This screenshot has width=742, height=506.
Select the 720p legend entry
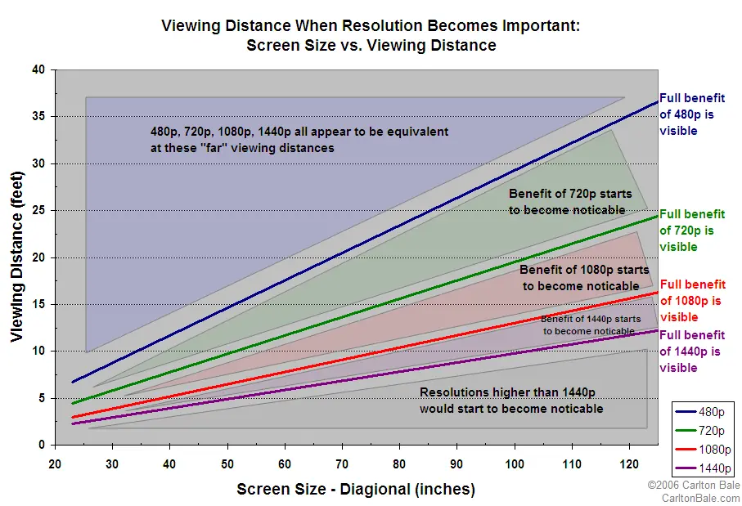704,431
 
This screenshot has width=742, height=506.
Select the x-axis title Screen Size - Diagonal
356,490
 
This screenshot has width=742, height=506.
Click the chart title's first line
371,26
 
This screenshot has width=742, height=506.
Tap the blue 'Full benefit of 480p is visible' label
692,114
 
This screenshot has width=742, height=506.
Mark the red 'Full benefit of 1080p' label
692,301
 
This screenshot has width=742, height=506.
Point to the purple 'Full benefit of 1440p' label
692,352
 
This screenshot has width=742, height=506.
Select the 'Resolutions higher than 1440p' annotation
511,401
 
